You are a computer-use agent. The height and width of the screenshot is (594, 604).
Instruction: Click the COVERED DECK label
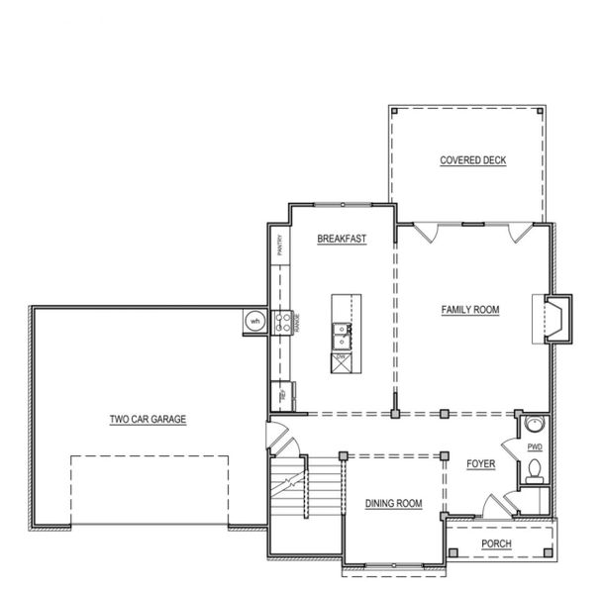click(x=472, y=160)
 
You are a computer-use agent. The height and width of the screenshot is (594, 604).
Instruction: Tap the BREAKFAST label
click(x=342, y=239)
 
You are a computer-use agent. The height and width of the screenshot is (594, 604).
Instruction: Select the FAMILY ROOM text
click(x=470, y=310)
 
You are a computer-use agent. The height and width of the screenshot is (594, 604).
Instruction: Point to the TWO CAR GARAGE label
click(x=148, y=419)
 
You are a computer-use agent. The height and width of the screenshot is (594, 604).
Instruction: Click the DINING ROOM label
click(x=393, y=503)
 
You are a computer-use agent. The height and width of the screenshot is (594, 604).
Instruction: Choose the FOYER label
click(x=480, y=463)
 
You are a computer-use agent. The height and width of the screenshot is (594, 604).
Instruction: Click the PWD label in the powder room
click(x=535, y=447)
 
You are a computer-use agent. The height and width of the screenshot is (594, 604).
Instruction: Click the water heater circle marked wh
click(x=254, y=321)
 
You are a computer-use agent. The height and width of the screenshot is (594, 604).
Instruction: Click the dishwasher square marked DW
click(x=340, y=361)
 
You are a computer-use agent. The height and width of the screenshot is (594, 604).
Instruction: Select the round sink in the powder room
click(x=534, y=425)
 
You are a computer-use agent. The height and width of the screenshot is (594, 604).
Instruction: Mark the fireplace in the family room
click(x=554, y=319)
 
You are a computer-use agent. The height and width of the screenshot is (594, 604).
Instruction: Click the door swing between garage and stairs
click(x=277, y=436)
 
